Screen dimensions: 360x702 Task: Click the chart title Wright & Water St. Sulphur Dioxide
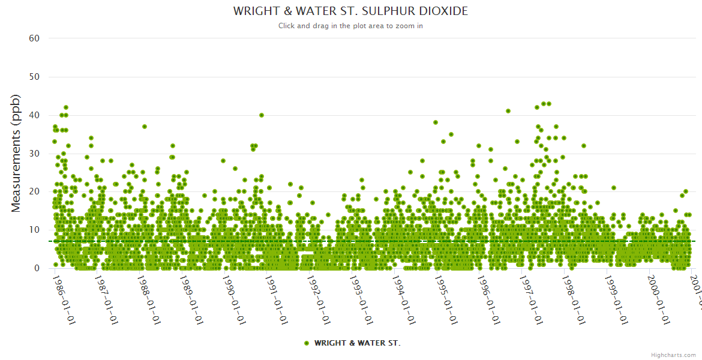pyautogui.click(x=350, y=11)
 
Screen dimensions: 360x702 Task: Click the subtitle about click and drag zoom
pyautogui.click(x=350, y=26)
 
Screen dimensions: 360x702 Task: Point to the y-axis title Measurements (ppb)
pyautogui.click(x=16, y=153)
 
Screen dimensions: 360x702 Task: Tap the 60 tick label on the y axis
pyautogui.click(x=34, y=38)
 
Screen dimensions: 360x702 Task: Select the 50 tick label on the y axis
pyautogui.click(x=34, y=77)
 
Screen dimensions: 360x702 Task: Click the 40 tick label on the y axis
pyautogui.click(x=34, y=115)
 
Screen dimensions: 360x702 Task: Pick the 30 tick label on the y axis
pyautogui.click(x=34, y=154)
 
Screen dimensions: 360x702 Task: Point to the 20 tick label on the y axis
pyautogui.click(x=34, y=191)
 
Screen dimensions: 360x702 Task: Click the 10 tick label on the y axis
pyautogui.click(x=34, y=230)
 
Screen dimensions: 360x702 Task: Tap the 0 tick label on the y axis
pyautogui.click(x=37, y=268)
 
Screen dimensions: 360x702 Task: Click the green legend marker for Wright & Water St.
pyautogui.click(x=307, y=343)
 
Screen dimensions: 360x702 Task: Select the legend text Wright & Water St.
pyautogui.click(x=357, y=343)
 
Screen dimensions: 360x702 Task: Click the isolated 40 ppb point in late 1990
pyautogui.click(x=262, y=115)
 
